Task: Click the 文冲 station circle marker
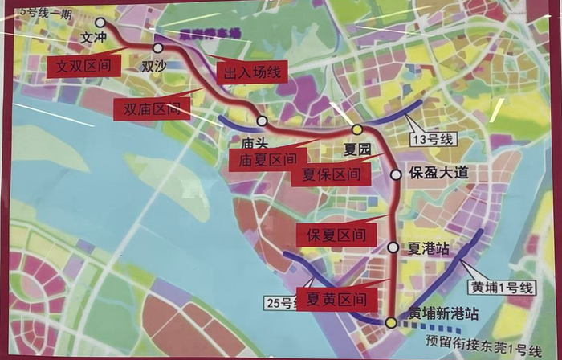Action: click(100, 23)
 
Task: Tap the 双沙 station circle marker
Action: click(158, 47)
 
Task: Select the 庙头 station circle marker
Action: click(262, 121)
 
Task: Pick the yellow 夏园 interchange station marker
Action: click(357, 129)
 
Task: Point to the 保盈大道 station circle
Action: click(395, 174)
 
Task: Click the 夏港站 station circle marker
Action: click(393, 247)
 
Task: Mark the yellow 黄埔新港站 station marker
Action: click(390, 322)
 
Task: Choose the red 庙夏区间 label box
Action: click(267, 160)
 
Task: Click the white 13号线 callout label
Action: click(432, 139)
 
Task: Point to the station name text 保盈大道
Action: click(438, 174)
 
